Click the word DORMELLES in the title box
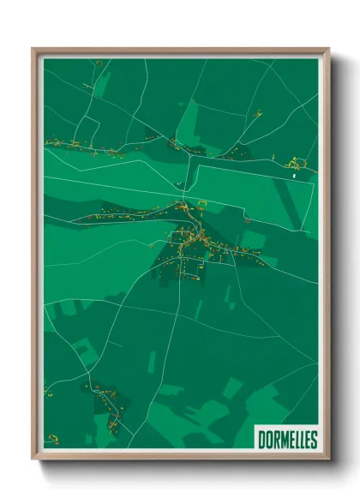(287, 441)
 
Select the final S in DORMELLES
(313, 441)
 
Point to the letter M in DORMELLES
(281, 441)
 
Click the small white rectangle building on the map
(294, 175)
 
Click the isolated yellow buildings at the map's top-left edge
(98, 63)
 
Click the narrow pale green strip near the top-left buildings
(102, 83)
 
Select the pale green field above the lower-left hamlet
(83, 351)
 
